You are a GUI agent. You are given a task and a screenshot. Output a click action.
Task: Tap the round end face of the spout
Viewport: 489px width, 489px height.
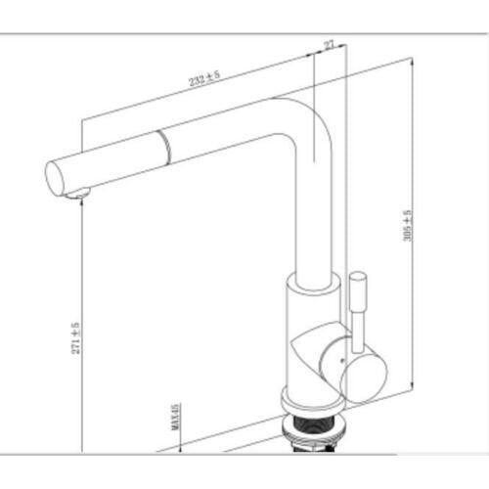[x=54, y=179]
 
